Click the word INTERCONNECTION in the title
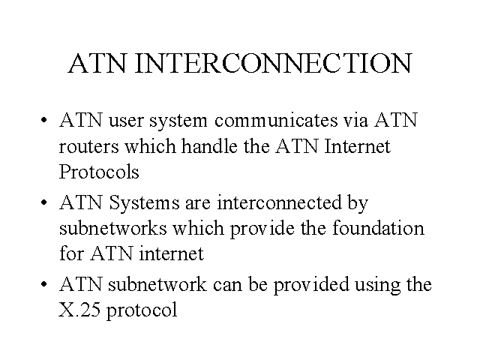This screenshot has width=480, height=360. [x=273, y=63]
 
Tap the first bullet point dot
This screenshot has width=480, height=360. [x=43, y=120]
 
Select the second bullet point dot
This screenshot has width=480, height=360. [x=43, y=202]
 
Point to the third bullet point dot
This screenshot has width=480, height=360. [x=43, y=284]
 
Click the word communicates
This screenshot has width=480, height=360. [x=276, y=120]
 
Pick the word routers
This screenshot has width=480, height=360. [x=88, y=147]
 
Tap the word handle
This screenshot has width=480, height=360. [x=209, y=145]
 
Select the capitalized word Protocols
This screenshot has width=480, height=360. [x=99, y=172]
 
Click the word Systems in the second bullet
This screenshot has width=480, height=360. [x=144, y=202]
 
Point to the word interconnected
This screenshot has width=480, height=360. [x=279, y=202]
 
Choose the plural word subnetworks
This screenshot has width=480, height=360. [x=112, y=228]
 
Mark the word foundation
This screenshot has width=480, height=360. [x=378, y=228]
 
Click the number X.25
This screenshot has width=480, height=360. [x=79, y=310]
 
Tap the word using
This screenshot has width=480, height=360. [x=377, y=285]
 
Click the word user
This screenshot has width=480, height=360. [x=126, y=121]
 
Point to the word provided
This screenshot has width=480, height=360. [x=311, y=285]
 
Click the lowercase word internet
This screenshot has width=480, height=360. [x=172, y=253]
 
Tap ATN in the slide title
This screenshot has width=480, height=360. [x=97, y=63]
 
